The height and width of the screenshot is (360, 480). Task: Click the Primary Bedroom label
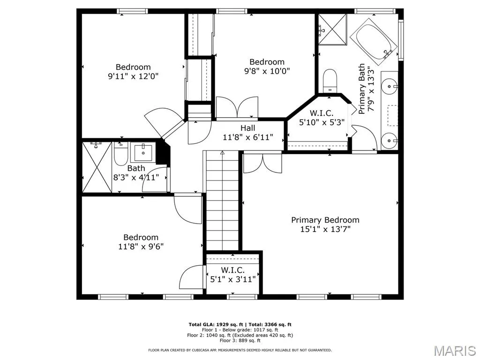pos(325,220)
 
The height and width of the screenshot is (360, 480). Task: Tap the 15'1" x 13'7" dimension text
pos(325,229)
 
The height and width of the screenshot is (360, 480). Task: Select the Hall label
pos(247,128)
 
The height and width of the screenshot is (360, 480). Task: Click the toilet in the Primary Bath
pos(330,80)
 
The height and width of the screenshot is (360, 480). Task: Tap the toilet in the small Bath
pos(120,153)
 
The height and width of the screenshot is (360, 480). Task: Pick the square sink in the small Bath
pos(143,152)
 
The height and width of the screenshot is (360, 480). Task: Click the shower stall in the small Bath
pos(97,167)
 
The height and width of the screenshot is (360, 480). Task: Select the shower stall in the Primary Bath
pos(332,30)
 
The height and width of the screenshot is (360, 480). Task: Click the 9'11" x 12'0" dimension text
pos(133,76)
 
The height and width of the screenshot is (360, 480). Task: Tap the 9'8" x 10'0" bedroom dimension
pos(267,71)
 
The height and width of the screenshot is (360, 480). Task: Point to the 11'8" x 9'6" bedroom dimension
pos(141,246)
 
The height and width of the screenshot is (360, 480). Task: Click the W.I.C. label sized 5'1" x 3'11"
pos(233,270)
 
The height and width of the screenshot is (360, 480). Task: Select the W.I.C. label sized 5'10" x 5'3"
pos(322,113)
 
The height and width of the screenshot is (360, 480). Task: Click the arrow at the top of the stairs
pos(222,152)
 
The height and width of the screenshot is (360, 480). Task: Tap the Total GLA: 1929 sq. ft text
pos(216,324)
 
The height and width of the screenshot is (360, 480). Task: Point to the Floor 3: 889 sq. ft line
pos(240,340)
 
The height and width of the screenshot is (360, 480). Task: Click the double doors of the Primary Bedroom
pos(262,163)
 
